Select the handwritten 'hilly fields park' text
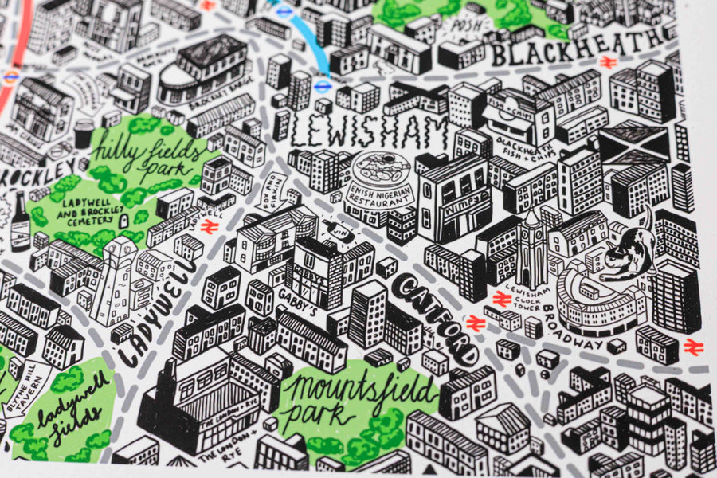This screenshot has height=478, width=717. [x=147, y=155]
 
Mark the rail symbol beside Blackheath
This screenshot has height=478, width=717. [x=608, y=61]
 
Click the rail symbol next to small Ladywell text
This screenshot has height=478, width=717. [x=210, y=226]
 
